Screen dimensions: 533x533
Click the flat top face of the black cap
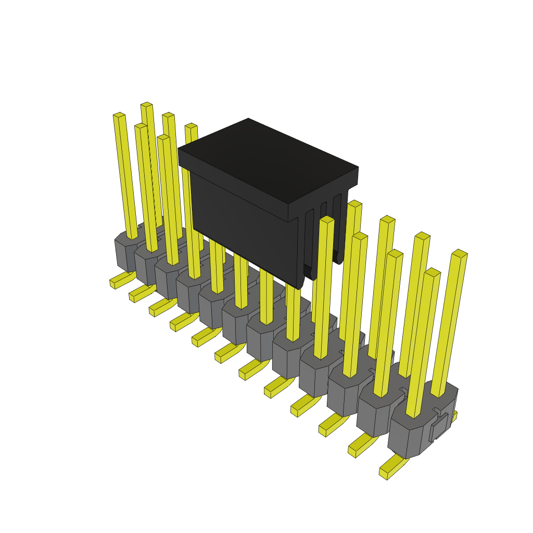pos(268,159)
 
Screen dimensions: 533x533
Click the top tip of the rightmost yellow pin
pos(459,253)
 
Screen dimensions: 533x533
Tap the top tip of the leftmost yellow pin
pos(119,115)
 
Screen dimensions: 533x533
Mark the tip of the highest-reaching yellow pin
pos(146,105)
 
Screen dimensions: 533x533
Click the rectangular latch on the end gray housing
pos(439,427)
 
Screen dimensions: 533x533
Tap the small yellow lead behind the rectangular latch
pos(454,416)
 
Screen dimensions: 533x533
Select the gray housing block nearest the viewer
pos(406,437)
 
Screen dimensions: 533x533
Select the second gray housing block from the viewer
pos(374,414)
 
